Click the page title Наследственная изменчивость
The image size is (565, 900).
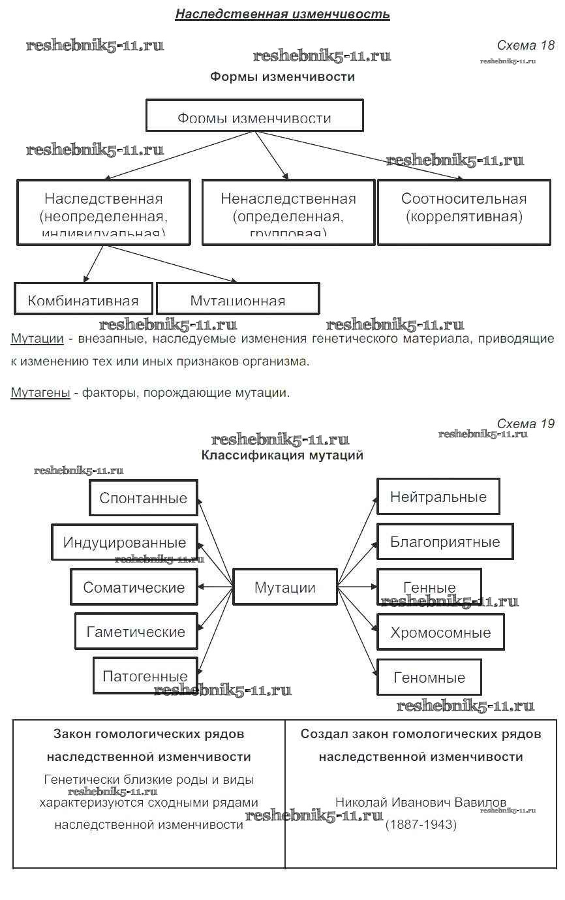282,14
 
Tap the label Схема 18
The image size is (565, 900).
525,45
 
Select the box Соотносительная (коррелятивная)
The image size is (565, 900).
464,212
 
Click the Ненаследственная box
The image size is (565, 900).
288,212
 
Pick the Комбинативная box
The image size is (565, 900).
84,299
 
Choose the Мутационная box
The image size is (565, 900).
237,299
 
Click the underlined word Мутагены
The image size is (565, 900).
40,393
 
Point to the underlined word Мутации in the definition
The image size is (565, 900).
37,339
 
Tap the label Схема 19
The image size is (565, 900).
525,424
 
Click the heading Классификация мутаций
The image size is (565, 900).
282,455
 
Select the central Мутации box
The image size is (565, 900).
284,587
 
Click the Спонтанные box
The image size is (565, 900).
143,498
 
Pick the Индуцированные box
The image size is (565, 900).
125,542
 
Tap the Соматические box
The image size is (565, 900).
134,587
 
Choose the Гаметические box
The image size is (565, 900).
136,632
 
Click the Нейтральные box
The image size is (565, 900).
438,497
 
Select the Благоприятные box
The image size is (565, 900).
445,542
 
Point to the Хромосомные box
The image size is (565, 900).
440,632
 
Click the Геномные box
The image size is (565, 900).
429,677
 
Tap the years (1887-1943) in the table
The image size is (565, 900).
421,824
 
